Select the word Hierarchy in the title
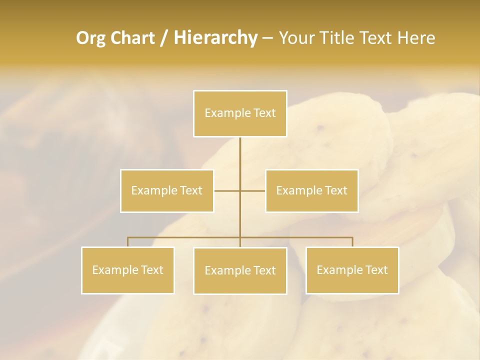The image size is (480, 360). coord(215,38)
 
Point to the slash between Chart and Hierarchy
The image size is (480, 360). coord(164,38)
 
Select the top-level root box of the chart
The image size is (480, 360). coord(240,113)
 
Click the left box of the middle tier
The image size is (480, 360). coord(167,190)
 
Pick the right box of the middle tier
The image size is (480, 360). coord(312,190)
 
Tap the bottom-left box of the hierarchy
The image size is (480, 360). coord(128,270)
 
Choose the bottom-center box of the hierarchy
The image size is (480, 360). coord(240,270)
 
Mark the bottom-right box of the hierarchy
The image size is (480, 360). coord(352,270)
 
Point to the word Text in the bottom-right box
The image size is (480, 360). coord(376,270)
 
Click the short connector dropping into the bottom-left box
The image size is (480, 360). coord(127,242)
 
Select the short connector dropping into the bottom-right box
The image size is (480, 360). coord(352,242)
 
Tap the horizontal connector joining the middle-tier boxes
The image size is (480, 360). coord(228,190)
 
